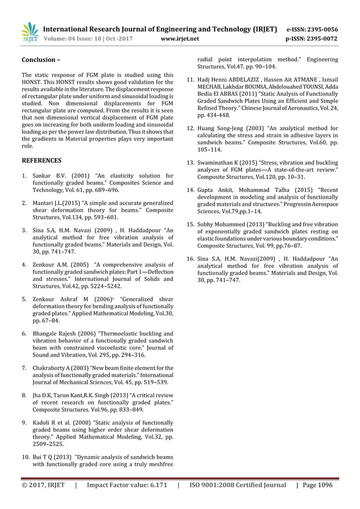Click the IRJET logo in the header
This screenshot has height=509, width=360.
coord(29,32)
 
